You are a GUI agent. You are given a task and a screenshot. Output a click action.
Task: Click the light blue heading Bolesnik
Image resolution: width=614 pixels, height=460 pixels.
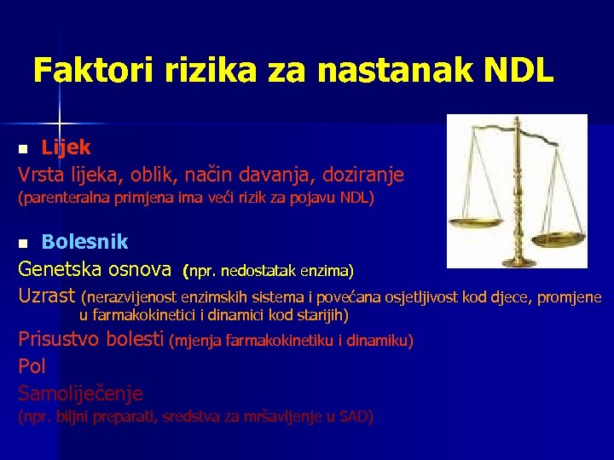coord(84,241)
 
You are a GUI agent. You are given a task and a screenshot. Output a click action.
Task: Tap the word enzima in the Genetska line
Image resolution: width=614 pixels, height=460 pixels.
coord(328,272)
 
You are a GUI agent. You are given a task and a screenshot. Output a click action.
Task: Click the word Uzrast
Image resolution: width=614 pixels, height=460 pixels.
coord(47,296)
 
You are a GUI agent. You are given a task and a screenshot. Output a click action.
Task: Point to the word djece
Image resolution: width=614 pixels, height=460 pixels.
coord(512,297)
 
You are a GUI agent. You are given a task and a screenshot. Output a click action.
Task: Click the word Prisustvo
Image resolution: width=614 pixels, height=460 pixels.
coord(64,340)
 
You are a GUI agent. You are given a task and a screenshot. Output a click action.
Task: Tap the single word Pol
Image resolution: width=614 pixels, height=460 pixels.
coord(32,366)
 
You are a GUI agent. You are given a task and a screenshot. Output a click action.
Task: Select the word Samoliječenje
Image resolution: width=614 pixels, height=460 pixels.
coord(81,393)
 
